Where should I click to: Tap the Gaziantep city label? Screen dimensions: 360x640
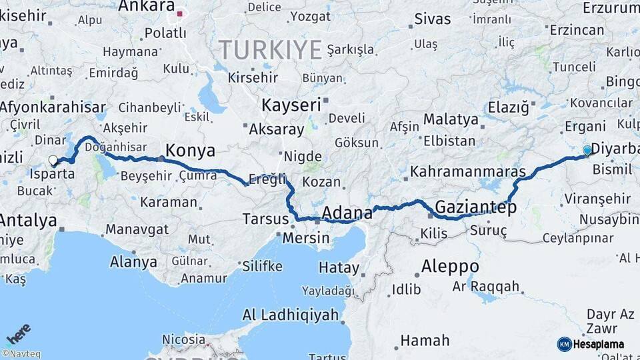click(x=475, y=207)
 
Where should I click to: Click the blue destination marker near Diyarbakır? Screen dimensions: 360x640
click(x=587, y=150)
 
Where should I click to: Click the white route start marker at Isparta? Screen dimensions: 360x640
click(x=53, y=160)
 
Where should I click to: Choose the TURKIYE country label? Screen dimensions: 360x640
click(x=271, y=49)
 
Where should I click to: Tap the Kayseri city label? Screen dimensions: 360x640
click(x=291, y=105)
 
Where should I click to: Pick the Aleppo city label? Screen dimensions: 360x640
click(x=450, y=267)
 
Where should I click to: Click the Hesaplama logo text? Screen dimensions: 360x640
click(x=599, y=344)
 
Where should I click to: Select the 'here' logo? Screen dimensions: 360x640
click(x=19, y=333)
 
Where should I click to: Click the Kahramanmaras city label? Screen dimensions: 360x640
click(x=467, y=171)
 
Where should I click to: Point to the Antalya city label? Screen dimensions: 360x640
click(x=28, y=220)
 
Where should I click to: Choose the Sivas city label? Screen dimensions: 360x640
click(x=433, y=19)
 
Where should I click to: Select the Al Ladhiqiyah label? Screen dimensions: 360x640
click(x=290, y=315)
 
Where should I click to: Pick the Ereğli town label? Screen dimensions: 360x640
click(x=267, y=179)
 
